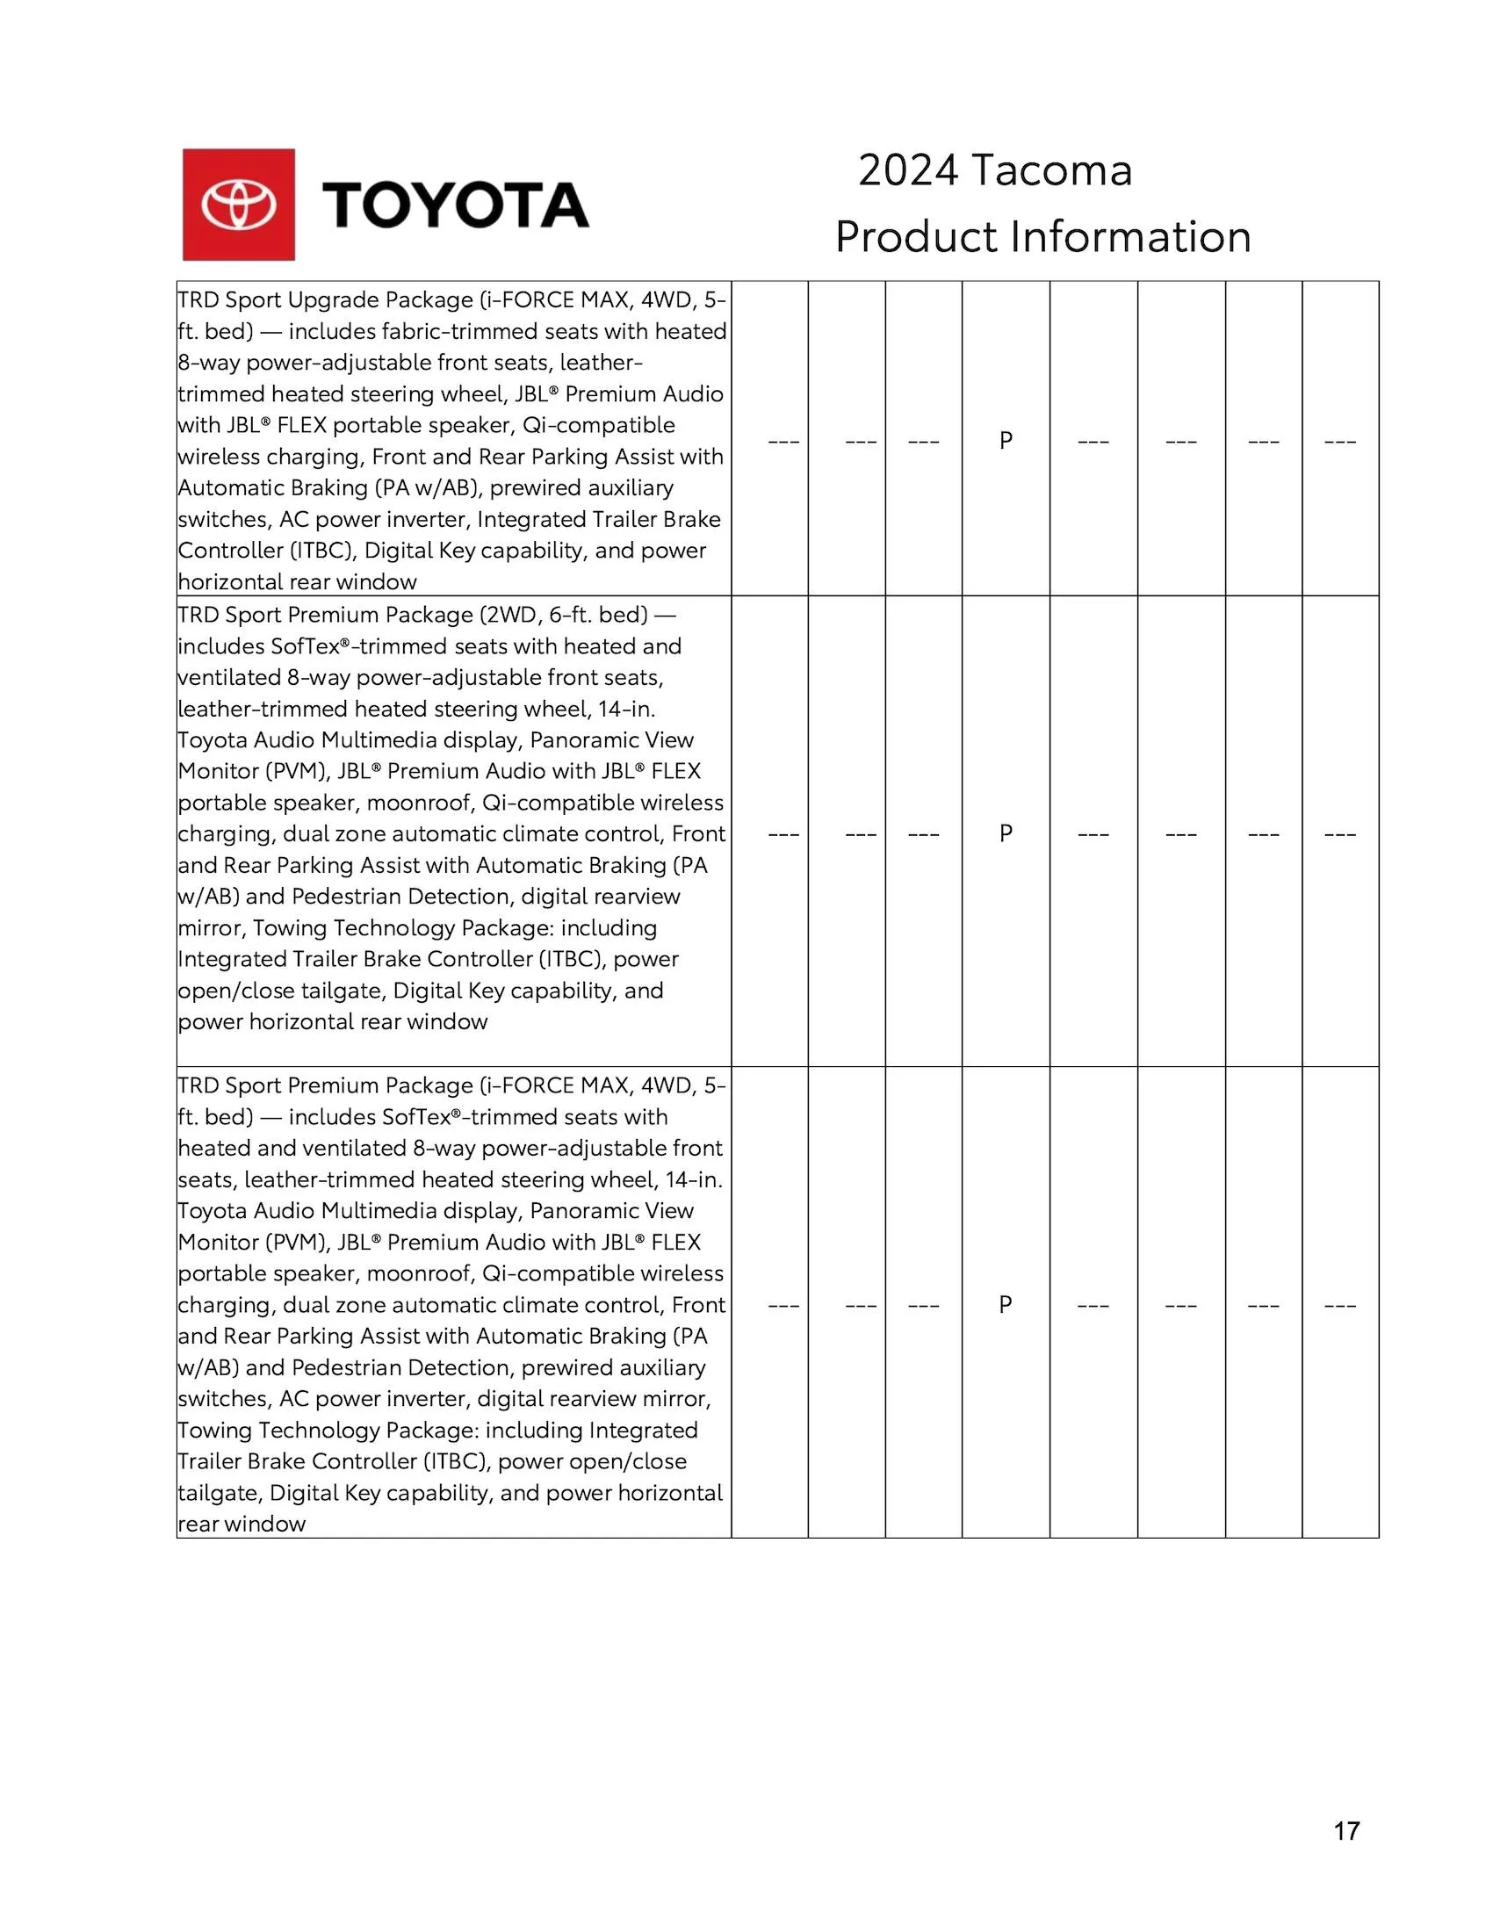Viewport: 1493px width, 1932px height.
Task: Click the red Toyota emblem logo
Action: click(x=238, y=205)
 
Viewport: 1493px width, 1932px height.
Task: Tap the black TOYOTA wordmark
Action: click(x=455, y=205)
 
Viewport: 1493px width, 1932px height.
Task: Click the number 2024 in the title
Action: click(x=907, y=169)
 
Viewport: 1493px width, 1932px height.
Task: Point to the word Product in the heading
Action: click(x=915, y=237)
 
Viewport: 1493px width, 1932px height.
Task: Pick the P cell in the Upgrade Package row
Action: click(x=1006, y=440)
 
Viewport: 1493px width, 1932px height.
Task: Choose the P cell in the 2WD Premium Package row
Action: click(x=1006, y=833)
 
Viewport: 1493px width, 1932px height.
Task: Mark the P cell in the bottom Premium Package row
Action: click(x=1006, y=1304)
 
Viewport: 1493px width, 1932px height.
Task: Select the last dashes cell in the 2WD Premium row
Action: click(x=1340, y=833)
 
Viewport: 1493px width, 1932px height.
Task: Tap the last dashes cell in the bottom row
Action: click(x=1340, y=1305)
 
